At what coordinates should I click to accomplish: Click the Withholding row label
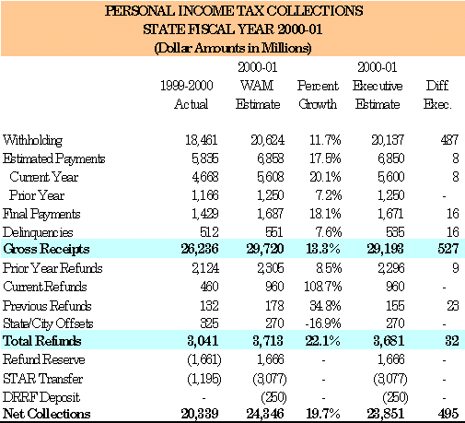[x=32, y=140]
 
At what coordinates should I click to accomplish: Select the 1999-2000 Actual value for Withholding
[x=202, y=140]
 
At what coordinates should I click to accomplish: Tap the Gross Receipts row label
[x=46, y=249]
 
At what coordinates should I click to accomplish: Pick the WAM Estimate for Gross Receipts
[x=265, y=249]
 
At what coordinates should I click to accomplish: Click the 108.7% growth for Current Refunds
[x=322, y=287]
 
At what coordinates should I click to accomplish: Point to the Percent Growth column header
[x=318, y=95]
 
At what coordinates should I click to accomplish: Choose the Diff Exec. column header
[x=437, y=95]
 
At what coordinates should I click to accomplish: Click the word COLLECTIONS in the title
[x=315, y=11]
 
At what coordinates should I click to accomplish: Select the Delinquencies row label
[x=38, y=232]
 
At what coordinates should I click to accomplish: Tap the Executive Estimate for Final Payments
[x=390, y=214]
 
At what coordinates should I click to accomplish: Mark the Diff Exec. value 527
[x=448, y=249]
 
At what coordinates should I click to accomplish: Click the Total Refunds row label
[x=42, y=341]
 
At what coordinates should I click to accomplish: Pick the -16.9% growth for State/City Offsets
[x=323, y=323]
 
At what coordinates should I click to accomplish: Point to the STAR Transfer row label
[x=43, y=379]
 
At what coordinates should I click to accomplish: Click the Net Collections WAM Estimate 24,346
[x=265, y=414]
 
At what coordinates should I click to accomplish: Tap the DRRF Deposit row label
[x=41, y=397]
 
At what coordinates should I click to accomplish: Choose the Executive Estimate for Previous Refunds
[x=395, y=306]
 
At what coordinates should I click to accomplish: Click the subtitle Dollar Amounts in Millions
[x=233, y=48]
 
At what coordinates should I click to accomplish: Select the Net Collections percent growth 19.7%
[x=323, y=414]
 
